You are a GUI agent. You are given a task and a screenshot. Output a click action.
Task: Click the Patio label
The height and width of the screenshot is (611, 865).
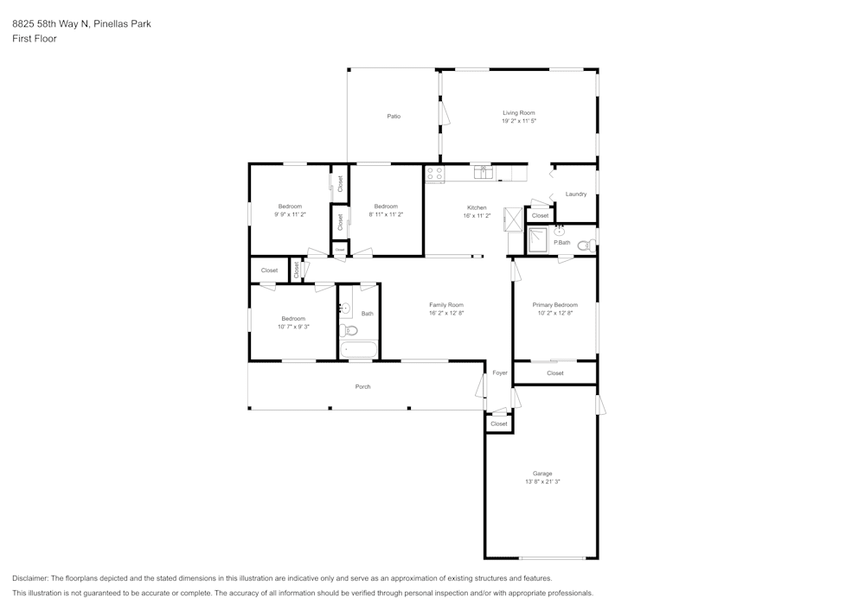(394, 116)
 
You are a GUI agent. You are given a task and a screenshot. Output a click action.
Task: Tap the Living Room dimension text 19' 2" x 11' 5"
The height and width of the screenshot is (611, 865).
(519, 121)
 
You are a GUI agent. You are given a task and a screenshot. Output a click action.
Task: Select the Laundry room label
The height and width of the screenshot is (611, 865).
(576, 194)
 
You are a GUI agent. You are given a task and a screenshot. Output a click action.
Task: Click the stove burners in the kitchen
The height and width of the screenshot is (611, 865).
(434, 175)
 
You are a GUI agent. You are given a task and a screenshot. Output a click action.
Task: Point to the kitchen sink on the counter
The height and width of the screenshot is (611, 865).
(483, 173)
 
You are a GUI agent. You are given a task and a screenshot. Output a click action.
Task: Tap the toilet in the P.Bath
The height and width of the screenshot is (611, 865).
(585, 245)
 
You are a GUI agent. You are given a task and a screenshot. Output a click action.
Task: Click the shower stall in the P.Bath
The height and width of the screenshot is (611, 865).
(538, 240)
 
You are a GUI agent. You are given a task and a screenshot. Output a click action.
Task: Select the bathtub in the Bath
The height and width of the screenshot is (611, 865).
(358, 350)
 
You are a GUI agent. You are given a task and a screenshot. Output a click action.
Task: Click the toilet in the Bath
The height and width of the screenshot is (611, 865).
(349, 330)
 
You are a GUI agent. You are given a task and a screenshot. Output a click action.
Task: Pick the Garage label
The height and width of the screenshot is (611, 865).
(542, 474)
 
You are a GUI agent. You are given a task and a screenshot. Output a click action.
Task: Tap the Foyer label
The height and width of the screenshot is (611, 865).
(500, 372)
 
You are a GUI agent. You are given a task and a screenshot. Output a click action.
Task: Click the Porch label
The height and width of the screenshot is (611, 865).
(363, 386)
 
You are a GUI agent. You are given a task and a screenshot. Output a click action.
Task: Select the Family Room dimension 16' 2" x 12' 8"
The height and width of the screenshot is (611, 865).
(446, 313)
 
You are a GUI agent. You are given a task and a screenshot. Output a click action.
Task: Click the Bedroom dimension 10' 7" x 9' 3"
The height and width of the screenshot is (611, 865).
(293, 327)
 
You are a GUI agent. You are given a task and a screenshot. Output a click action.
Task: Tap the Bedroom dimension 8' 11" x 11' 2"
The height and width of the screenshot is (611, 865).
(386, 214)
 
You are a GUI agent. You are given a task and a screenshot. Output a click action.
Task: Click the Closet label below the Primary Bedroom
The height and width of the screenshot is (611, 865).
(555, 373)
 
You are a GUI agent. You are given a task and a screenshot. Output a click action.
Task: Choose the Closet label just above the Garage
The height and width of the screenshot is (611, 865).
(499, 424)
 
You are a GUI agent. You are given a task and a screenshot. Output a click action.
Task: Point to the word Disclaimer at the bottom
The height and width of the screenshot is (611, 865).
(30, 578)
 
